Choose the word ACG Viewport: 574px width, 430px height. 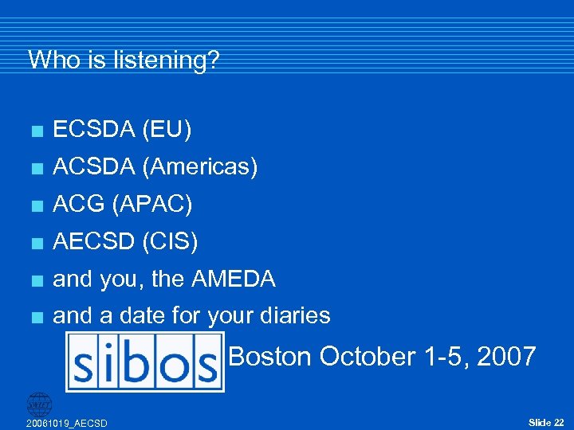click(x=80, y=204)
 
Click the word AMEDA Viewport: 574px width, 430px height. click(x=233, y=279)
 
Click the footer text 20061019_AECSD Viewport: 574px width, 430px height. click(x=67, y=422)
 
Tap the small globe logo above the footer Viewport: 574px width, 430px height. click(x=38, y=404)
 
